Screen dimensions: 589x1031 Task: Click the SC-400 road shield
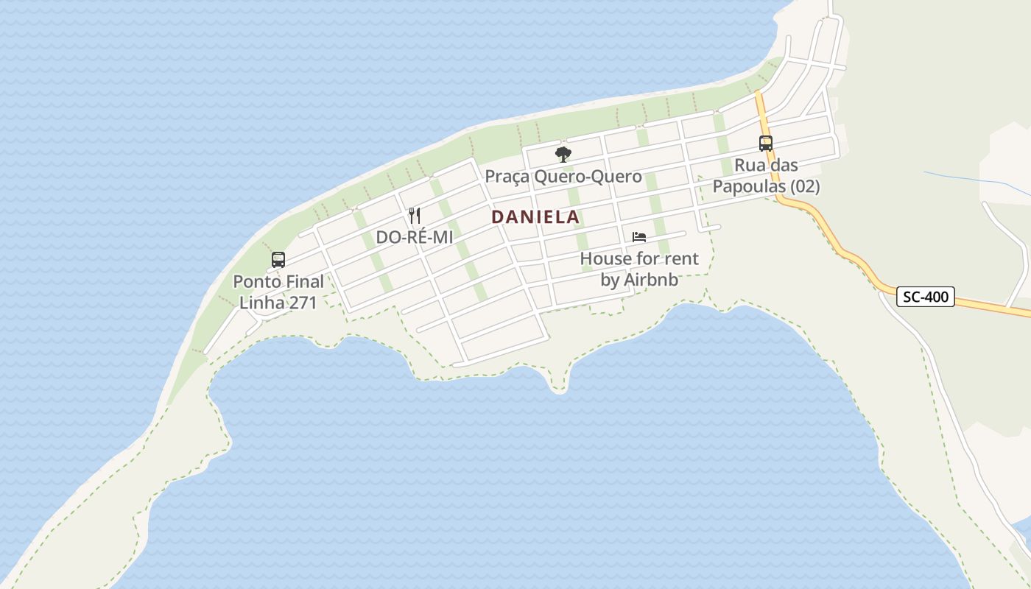click(926, 297)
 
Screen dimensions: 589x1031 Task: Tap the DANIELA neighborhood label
click(535, 217)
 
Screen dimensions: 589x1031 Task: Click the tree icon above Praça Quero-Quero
click(563, 155)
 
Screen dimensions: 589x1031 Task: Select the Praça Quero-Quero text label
click(563, 177)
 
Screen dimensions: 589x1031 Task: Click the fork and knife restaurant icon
click(415, 216)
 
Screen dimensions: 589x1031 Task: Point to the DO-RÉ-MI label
click(415, 237)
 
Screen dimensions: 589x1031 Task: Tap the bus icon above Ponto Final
click(278, 260)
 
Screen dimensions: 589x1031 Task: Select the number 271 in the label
click(302, 302)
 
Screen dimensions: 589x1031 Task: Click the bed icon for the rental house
click(639, 237)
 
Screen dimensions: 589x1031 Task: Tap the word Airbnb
click(651, 280)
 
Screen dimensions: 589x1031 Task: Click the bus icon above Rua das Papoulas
click(766, 144)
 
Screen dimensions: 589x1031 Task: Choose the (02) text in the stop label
click(805, 186)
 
